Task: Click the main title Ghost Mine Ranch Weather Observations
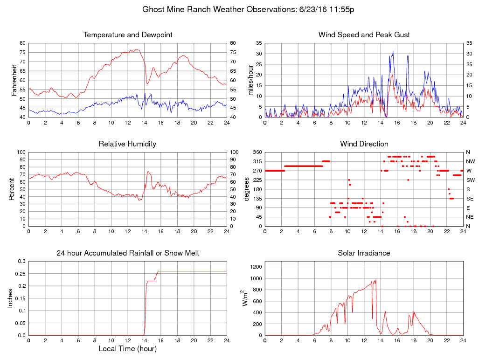[x=248, y=9]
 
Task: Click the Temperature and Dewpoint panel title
[x=128, y=35]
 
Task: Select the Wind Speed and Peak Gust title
[x=364, y=35]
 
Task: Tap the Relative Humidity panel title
[x=127, y=144]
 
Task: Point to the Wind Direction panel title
[x=364, y=144]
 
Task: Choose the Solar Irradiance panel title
[x=364, y=253]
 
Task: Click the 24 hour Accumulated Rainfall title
[x=128, y=253]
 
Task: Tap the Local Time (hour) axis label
[x=127, y=348]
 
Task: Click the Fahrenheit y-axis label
[x=14, y=80]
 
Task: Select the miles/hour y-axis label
[x=250, y=80]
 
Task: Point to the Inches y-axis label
[x=11, y=298]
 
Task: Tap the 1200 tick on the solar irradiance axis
[x=256, y=267]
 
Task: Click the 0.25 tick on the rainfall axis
[x=21, y=274]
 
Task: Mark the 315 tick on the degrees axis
[x=256, y=161]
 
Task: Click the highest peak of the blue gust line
[x=393, y=51]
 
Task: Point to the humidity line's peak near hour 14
[x=148, y=172]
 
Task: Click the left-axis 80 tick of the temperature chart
[x=22, y=43]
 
